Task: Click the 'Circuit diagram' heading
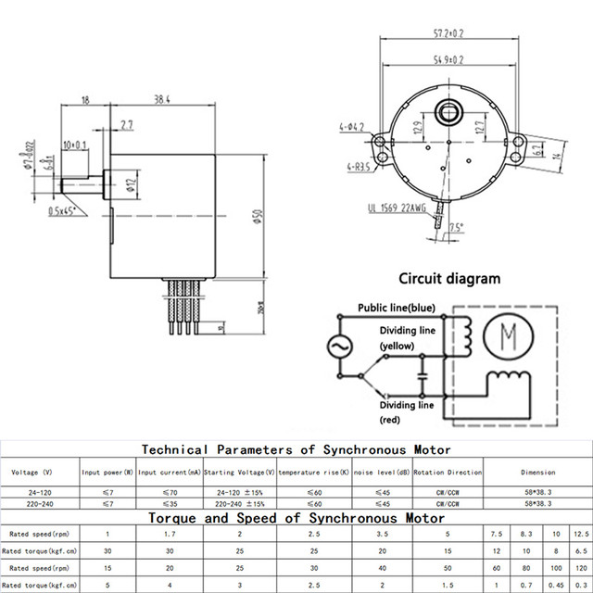click(x=449, y=278)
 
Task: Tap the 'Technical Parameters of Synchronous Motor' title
click(x=273, y=449)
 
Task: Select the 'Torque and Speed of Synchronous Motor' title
click(x=273, y=518)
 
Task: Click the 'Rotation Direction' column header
click(x=448, y=473)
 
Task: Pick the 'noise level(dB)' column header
click(x=380, y=473)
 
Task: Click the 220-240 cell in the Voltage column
click(x=41, y=504)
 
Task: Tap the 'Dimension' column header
click(x=538, y=473)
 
